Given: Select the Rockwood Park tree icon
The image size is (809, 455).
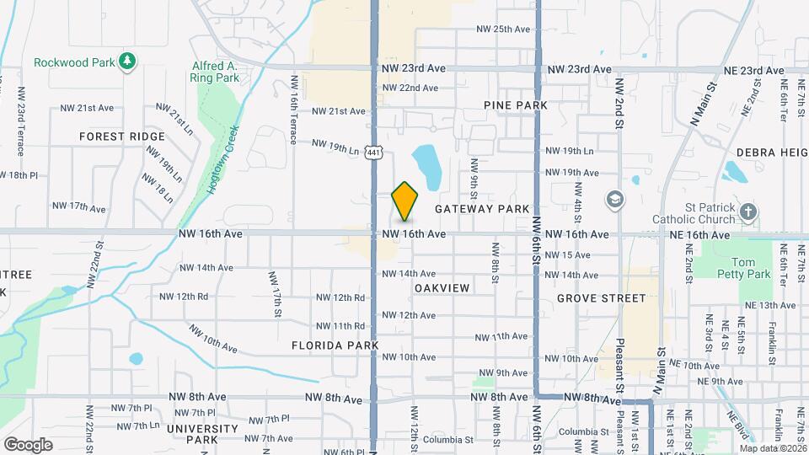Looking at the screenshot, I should click(127, 61).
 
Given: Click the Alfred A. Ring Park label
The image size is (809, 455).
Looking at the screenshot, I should click(216, 72).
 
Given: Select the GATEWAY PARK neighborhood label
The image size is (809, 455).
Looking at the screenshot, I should click(482, 208).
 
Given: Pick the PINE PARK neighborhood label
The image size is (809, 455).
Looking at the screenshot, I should click(516, 105).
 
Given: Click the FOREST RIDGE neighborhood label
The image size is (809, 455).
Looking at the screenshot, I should click(122, 136).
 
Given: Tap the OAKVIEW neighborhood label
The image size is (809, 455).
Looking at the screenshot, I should click(442, 288).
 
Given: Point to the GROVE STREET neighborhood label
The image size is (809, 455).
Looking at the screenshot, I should click(601, 298).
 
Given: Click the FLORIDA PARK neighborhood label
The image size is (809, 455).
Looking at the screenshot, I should click(335, 345).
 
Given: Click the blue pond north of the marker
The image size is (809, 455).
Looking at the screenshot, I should click(426, 164).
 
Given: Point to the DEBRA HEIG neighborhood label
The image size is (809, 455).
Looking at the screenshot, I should click(772, 153).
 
